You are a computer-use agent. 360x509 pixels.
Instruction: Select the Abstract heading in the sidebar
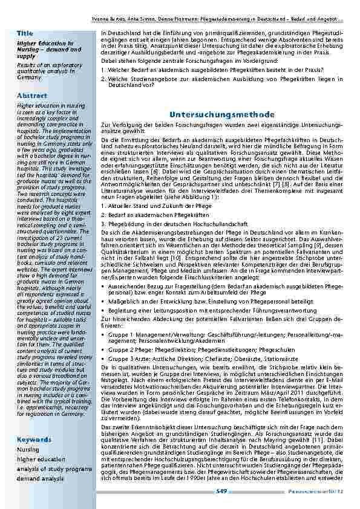(32, 96)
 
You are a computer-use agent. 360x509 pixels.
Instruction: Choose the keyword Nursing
(27, 450)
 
